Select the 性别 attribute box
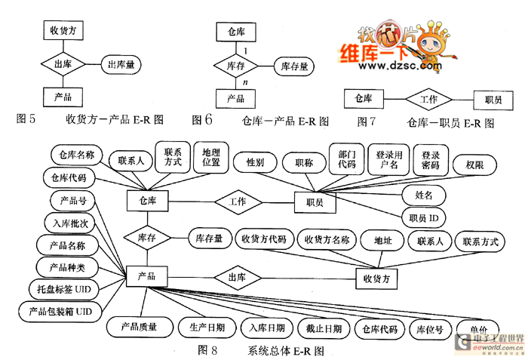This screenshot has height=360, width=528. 254,162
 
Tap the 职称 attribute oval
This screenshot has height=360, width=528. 304,162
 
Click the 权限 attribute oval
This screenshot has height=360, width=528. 474,164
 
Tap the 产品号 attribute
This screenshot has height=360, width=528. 72,201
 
